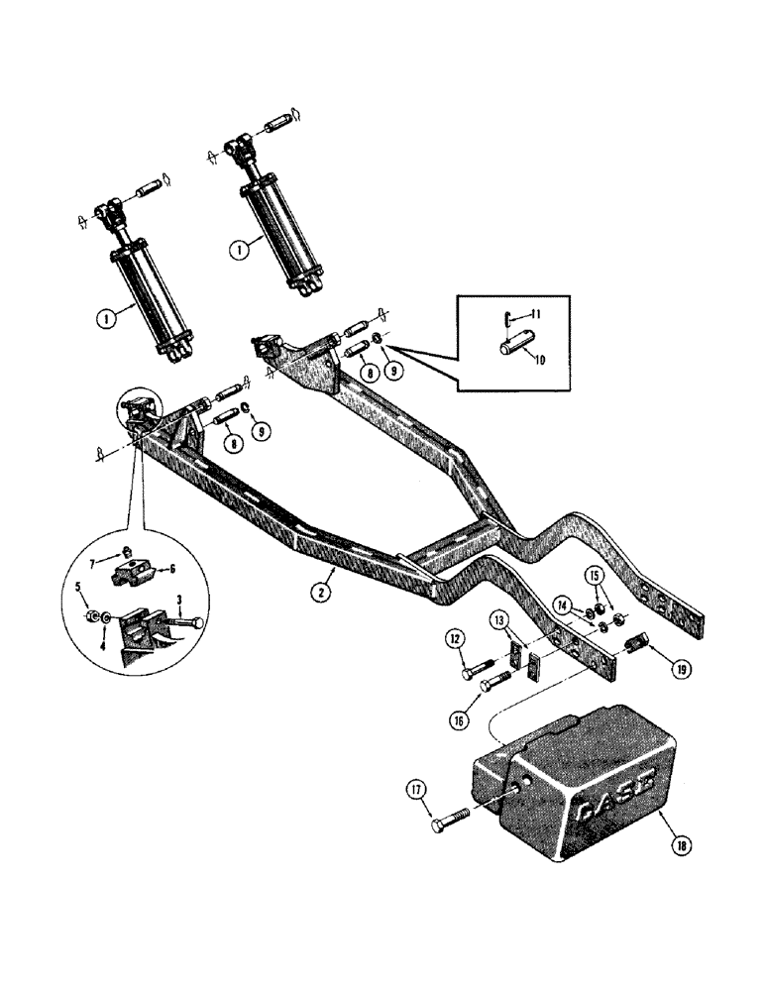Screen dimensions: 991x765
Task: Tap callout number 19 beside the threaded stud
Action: coord(680,668)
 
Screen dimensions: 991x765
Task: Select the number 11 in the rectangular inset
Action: coord(536,314)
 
